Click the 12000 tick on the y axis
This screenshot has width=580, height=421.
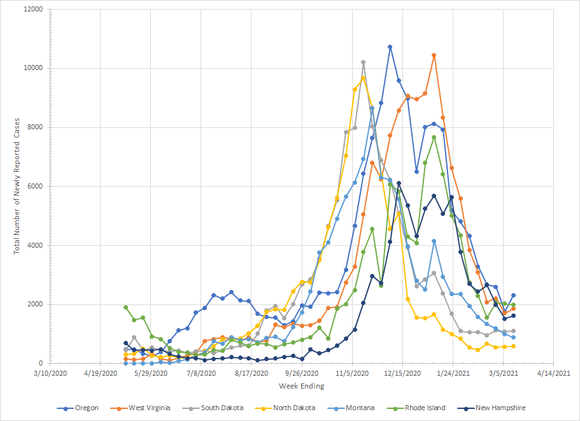click(x=32, y=10)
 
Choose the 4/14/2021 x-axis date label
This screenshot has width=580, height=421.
click(x=553, y=373)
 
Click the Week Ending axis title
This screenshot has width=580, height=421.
click(x=301, y=386)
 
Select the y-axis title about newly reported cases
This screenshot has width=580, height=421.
click(x=18, y=187)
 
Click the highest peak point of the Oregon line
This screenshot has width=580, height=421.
click(x=390, y=46)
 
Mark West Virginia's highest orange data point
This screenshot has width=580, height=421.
click(x=434, y=55)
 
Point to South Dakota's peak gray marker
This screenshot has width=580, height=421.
click(x=363, y=62)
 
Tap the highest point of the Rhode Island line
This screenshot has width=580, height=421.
click(x=434, y=137)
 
